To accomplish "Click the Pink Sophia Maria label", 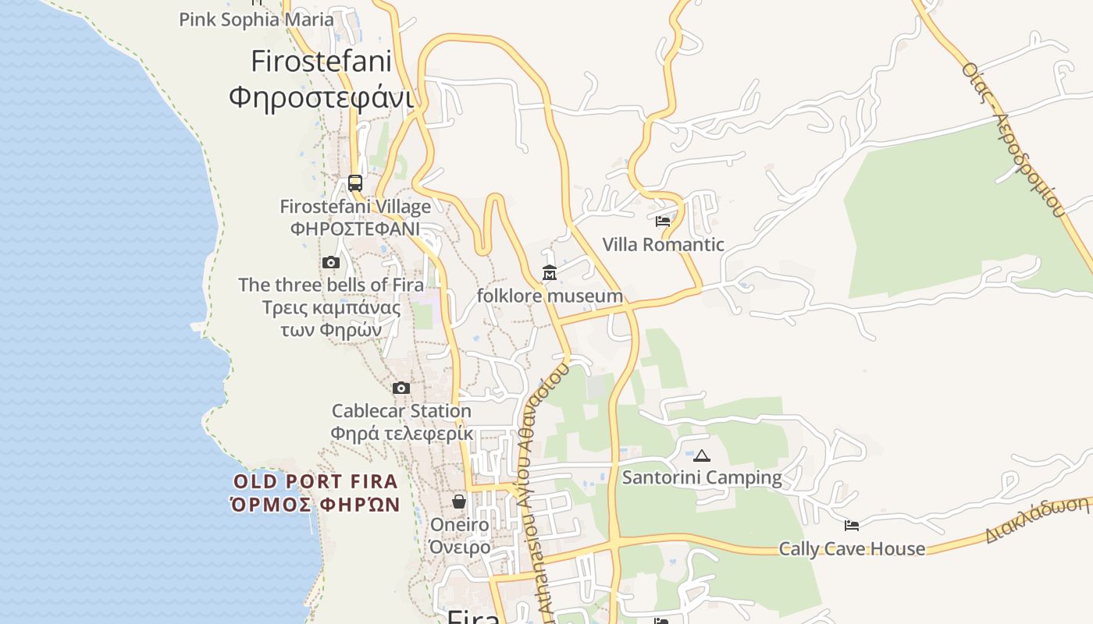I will point(256,19).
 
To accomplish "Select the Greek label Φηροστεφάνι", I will point(321,97).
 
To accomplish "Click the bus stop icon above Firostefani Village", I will point(355,183).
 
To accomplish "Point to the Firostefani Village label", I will point(355,207).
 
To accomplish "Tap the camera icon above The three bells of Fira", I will point(331,263).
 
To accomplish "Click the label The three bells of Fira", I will point(331,285).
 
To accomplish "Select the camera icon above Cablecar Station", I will point(401,388).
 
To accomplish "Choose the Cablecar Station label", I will point(401,410).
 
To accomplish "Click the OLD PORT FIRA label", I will point(315,481).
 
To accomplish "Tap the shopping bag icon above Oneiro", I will point(459,502).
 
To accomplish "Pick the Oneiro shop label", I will point(459,524).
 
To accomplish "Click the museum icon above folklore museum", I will point(550,273).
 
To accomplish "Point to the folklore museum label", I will point(550,296).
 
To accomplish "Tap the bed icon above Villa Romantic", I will point(663,222).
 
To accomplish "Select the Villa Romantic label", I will point(663,244).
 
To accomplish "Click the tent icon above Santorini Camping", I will point(702,456).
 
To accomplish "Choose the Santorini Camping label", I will point(702,477).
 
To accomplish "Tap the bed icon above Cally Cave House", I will point(852,526).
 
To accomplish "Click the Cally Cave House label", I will point(852,548).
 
